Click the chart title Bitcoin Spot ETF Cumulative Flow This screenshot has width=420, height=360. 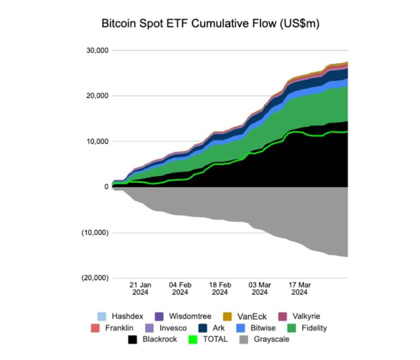210,24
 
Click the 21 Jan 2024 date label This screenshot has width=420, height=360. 141,288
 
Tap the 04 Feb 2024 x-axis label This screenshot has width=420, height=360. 180,288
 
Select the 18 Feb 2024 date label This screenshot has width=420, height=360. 220,288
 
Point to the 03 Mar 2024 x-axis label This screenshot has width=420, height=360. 259,288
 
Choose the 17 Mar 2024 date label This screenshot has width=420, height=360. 299,288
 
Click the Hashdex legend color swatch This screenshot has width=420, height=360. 101,316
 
